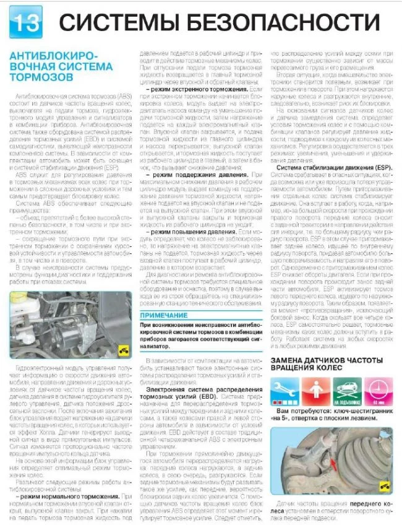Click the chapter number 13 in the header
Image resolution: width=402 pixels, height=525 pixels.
[23, 24]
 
